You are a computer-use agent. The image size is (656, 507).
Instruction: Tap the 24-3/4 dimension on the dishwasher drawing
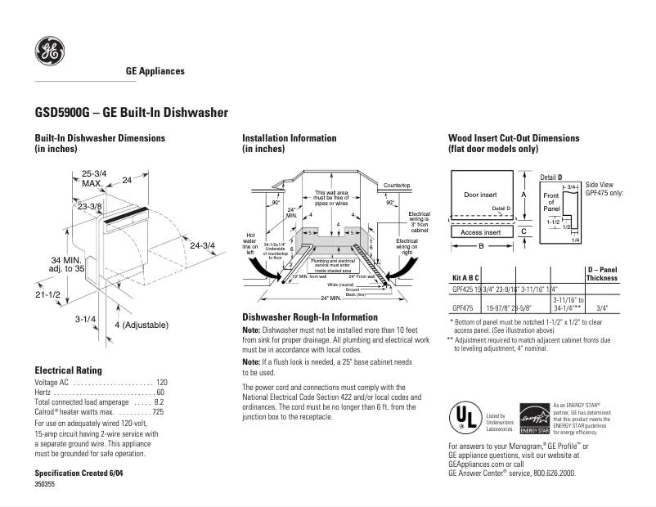(x=202, y=245)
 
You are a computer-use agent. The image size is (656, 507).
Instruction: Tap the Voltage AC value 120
(x=161, y=383)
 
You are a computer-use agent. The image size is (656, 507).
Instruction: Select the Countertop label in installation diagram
(x=397, y=186)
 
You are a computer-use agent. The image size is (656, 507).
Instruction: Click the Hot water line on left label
(x=251, y=244)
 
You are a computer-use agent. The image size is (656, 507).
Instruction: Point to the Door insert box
(x=480, y=195)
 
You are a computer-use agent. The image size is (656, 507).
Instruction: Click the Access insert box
(x=480, y=232)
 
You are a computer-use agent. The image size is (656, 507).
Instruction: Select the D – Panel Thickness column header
(x=602, y=274)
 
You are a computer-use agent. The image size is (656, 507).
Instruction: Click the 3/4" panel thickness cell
(x=602, y=308)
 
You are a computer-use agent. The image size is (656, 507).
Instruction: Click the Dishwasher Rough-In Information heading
(x=310, y=316)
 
